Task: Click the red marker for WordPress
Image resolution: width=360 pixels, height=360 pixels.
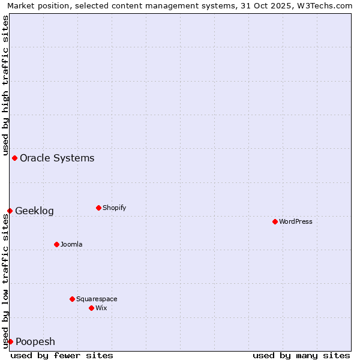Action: pos(275,221)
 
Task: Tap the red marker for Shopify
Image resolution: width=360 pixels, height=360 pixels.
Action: pos(98,208)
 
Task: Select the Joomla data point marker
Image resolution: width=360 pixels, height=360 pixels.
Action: pos(56,244)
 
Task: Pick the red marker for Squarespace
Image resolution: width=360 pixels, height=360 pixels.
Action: pos(72,299)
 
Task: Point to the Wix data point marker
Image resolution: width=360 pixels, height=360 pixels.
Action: pos(91,308)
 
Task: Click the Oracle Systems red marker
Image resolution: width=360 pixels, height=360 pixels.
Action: pos(14,158)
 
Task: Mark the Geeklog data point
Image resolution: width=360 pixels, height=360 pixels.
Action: pos(10,211)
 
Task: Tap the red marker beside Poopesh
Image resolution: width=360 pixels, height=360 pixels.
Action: pos(10,341)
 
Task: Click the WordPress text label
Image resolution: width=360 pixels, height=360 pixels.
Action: pos(296,221)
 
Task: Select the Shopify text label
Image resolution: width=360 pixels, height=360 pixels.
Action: pos(115,208)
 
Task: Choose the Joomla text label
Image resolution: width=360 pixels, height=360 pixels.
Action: pos(71,244)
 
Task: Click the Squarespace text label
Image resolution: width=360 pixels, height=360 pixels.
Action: pos(97,299)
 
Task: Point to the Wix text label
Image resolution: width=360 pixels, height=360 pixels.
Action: pos(101,308)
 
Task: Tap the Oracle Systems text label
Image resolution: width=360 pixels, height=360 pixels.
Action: pos(57,158)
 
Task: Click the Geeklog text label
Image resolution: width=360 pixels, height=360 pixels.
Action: pos(34,211)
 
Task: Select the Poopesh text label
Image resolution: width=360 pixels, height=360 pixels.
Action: pos(35,341)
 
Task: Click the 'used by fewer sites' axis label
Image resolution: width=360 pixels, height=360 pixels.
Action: pos(62,355)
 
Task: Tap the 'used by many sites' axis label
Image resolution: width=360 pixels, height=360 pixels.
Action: pos(301,355)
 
